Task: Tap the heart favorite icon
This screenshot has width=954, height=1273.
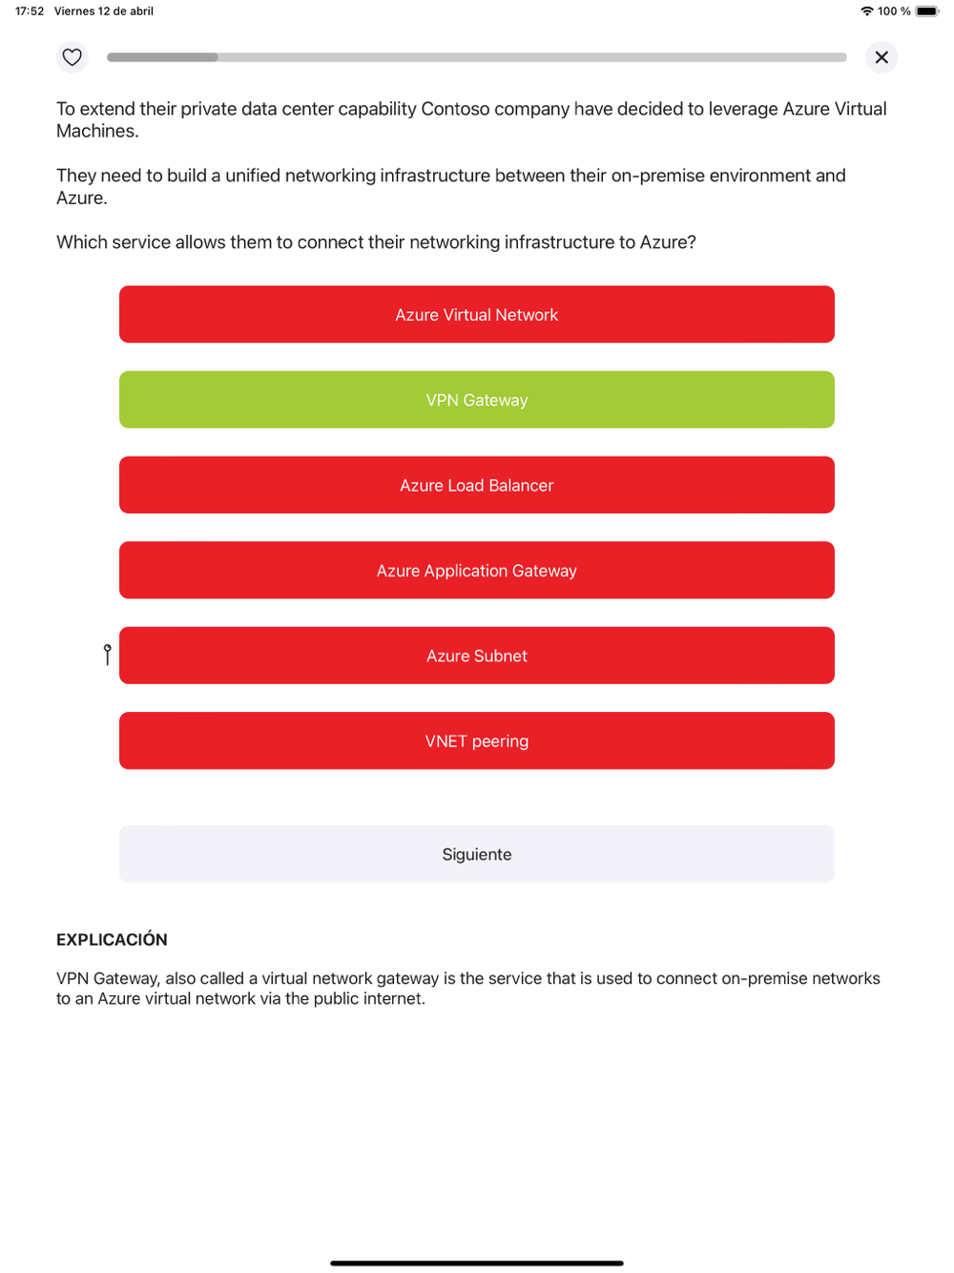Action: tap(72, 57)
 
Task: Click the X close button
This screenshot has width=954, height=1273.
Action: tap(881, 57)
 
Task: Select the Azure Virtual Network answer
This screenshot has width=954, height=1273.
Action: tap(477, 315)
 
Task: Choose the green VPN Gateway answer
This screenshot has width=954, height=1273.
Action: tap(477, 400)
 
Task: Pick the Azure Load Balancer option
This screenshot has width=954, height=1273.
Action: tap(477, 486)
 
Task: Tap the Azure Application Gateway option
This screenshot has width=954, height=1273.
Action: tap(477, 571)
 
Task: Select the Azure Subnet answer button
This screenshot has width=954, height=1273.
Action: tap(477, 656)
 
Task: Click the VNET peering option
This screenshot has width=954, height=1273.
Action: tap(477, 741)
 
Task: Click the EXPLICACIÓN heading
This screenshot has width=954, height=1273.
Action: tap(112, 940)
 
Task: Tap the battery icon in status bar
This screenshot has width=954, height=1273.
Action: tap(927, 11)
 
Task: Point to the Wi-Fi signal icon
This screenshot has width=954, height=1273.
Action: tap(867, 11)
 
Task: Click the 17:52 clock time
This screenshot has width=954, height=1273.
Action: tap(30, 11)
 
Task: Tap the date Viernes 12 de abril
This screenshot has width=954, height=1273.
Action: tap(104, 11)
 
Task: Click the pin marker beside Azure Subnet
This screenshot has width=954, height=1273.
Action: tap(108, 654)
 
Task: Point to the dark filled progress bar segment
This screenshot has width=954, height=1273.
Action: tap(162, 57)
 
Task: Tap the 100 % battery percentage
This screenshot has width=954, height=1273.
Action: tap(894, 11)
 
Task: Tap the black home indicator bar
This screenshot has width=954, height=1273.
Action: tap(477, 1263)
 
